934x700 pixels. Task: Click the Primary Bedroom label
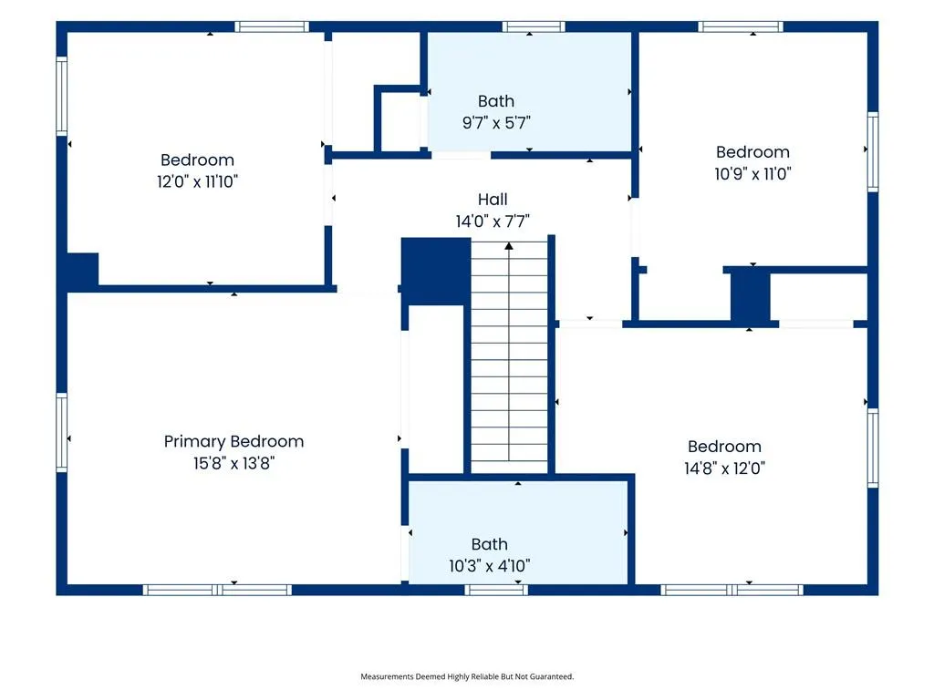[233, 442]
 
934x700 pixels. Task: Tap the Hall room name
[493, 200]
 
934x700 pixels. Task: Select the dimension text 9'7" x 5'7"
[496, 123]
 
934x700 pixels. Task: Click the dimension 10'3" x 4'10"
[490, 565]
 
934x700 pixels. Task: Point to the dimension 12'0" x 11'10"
[197, 181]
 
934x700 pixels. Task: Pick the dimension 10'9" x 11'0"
[752, 174]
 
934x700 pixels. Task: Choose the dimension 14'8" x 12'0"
[724, 468]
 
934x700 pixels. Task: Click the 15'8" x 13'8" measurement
[233, 463]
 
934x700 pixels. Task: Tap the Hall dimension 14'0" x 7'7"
[493, 221]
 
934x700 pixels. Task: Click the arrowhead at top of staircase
[509, 245]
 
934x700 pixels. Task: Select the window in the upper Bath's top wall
[533, 26]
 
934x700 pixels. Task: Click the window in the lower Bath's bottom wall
[496, 590]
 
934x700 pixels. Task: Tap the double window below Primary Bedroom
[217, 590]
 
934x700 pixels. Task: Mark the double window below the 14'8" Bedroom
[732, 590]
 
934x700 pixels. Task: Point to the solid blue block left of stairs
[436, 272]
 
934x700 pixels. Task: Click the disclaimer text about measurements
[467, 676]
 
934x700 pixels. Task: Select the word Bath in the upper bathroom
[496, 101]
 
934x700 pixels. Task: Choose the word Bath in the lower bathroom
[490, 544]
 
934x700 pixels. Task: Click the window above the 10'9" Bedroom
[740, 26]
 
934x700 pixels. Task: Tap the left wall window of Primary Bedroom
[61, 433]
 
